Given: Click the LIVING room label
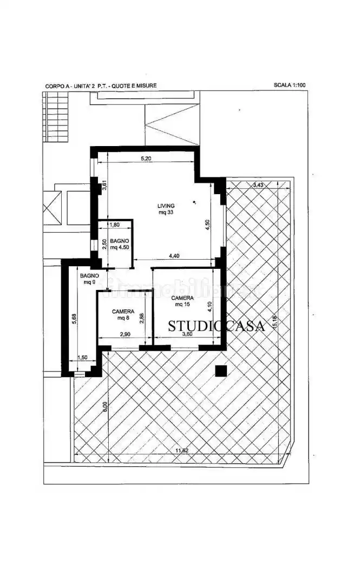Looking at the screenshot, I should click(x=166, y=206).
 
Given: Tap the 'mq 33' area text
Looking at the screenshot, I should click(x=166, y=213).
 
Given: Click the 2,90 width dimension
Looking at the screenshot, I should click(x=125, y=335).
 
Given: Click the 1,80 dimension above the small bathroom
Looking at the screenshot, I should click(x=115, y=224).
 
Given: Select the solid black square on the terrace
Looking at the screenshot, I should click(x=220, y=371).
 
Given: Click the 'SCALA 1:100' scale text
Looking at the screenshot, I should click(x=290, y=85).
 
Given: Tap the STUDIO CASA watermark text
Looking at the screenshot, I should click(x=216, y=326).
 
